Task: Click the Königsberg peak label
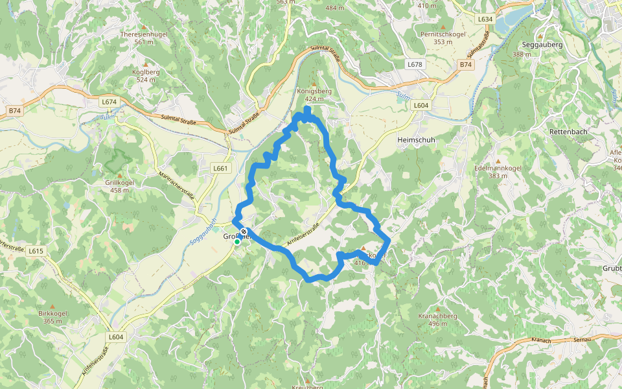(314, 91)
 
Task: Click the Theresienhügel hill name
(144, 34)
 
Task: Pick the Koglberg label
(146, 71)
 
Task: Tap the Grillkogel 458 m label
(120, 182)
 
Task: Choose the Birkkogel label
(52, 313)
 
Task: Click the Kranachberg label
(438, 316)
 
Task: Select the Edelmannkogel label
(498, 168)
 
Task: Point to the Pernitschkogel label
(443, 34)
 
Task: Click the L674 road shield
(109, 102)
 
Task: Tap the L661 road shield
(221, 168)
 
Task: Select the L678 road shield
(415, 64)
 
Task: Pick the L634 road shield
(485, 19)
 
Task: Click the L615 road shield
(36, 251)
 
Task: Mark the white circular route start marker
(243, 231)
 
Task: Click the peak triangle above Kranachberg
(438, 309)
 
